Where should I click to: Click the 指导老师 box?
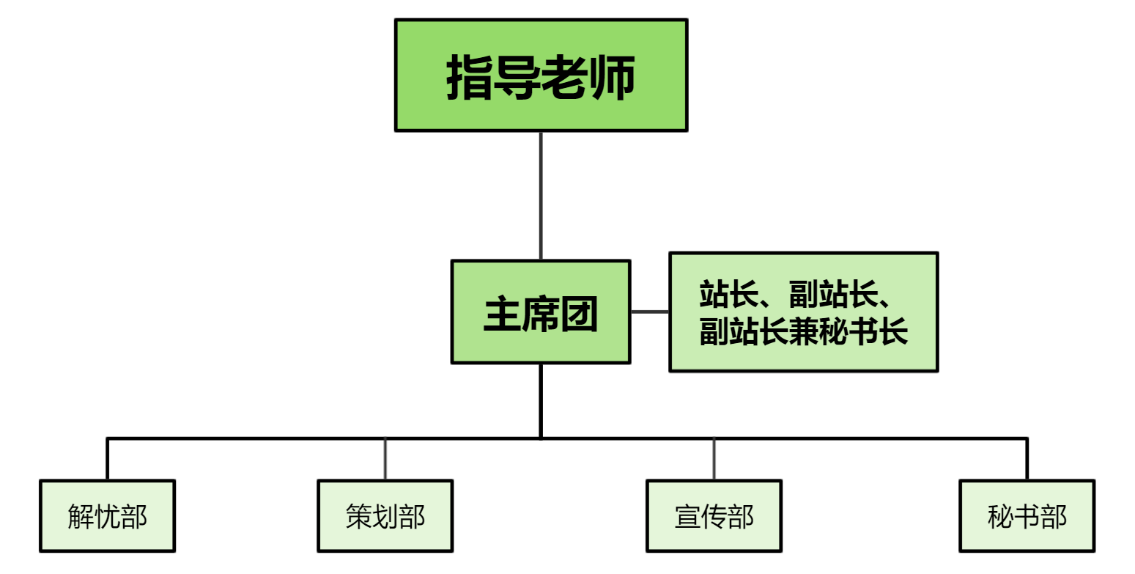(x=541, y=75)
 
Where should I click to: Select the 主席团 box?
(x=541, y=312)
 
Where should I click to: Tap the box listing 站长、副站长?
(x=803, y=312)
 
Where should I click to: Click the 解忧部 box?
(x=107, y=516)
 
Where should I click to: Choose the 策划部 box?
(x=385, y=516)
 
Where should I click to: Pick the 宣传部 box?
(x=714, y=516)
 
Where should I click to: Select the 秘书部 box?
(x=1027, y=516)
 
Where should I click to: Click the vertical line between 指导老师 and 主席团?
(x=541, y=195)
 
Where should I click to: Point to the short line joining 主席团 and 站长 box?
(x=649, y=312)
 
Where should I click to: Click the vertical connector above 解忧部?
(x=107, y=460)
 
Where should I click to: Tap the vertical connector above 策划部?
(x=385, y=460)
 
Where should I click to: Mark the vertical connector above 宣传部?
(x=714, y=460)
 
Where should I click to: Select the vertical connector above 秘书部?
(x=1027, y=460)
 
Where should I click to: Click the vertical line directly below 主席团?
(x=541, y=400)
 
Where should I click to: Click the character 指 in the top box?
(x=470, y=77)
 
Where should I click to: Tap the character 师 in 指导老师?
(x=612, y=77)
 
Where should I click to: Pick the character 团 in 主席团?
(x=579, y=314)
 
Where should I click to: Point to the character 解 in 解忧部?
(x=81, y=517)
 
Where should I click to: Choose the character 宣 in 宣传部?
(x=687, y=517)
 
